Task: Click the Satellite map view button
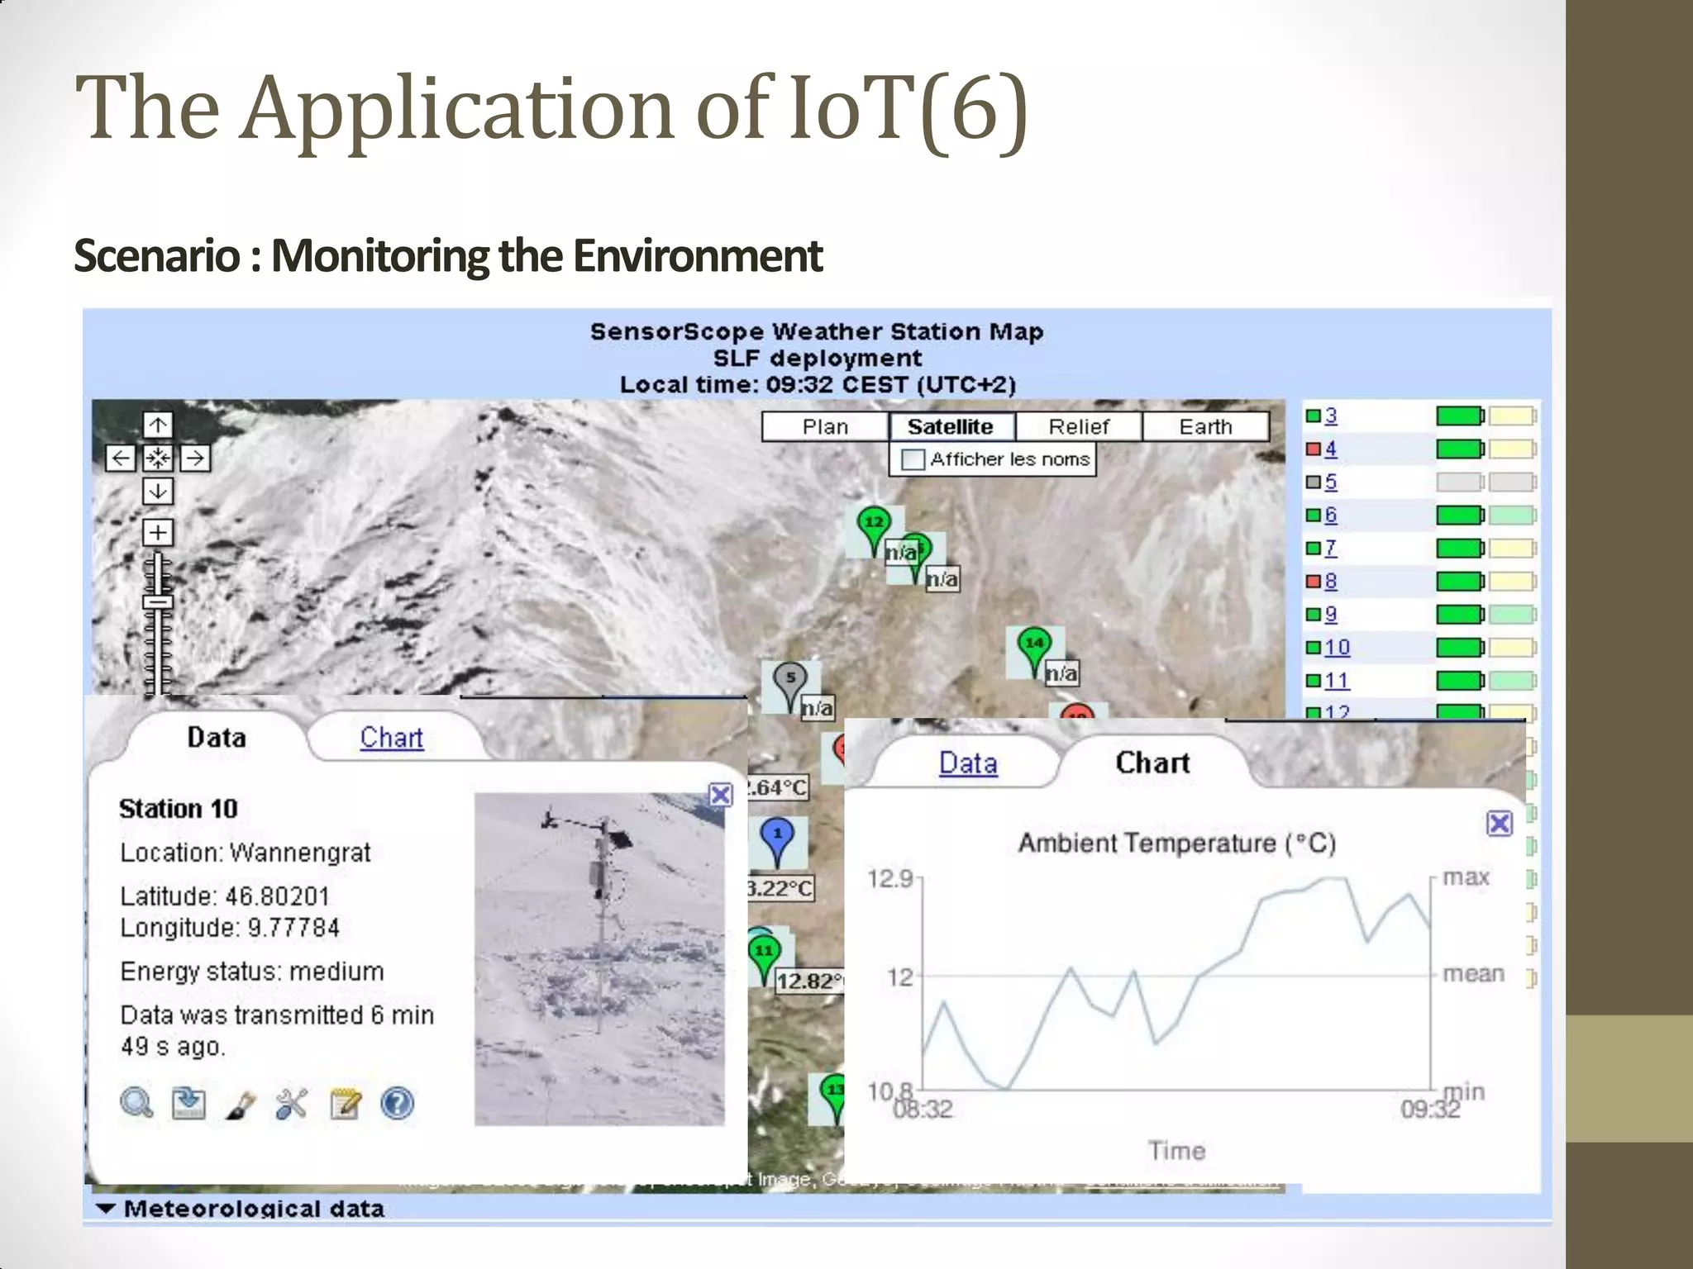951,426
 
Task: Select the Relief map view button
1078,426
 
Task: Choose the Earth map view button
1205,426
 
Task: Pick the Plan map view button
825,426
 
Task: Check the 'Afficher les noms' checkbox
913,459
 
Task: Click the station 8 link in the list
1330,581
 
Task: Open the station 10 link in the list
1337,647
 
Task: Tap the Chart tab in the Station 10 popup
391,737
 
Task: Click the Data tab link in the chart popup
968,763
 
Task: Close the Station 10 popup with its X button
720,795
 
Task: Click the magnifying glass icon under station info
136,1103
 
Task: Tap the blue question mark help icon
398,1103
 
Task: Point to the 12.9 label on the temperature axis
889,878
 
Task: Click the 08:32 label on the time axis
923,1109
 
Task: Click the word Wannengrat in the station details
300,852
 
